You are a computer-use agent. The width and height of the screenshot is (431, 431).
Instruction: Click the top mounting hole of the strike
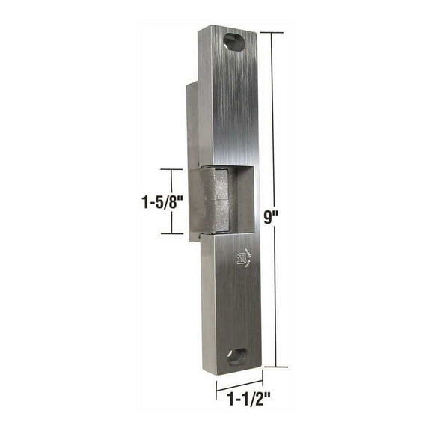[234, 42]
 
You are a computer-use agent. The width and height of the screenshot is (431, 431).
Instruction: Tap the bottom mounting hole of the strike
[237, 356]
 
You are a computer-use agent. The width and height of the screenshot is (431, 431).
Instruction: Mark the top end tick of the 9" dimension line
[276, 32]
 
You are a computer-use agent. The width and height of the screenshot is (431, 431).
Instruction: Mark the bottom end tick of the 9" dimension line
[276, 367]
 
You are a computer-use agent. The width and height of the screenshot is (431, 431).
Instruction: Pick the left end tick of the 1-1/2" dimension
[217, 391]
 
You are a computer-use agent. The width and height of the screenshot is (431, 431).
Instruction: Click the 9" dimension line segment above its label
[276, 120]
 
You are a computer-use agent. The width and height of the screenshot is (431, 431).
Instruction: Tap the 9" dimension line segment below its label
[276, 299]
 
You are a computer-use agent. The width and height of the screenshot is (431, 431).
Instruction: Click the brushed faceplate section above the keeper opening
[228, 105]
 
